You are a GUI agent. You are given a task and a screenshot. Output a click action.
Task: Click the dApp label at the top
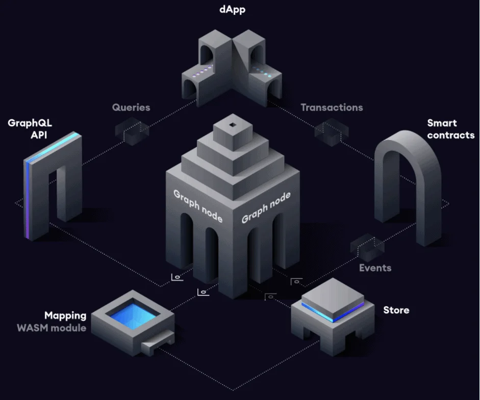232,10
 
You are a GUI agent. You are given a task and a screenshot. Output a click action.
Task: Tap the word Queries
131,108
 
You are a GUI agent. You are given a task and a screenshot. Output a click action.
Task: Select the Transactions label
332,108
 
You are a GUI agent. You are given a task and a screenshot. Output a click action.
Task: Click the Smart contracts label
450,129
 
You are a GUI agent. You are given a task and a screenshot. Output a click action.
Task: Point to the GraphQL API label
30,129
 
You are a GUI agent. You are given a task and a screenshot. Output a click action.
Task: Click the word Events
375,268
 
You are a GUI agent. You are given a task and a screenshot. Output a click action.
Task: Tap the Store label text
396,310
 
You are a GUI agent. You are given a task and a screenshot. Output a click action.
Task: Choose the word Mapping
65,316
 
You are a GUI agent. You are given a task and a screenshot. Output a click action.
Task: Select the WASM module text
52,328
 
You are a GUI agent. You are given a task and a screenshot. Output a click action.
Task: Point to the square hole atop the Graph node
233,125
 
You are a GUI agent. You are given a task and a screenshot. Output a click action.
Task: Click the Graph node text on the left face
198,205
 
